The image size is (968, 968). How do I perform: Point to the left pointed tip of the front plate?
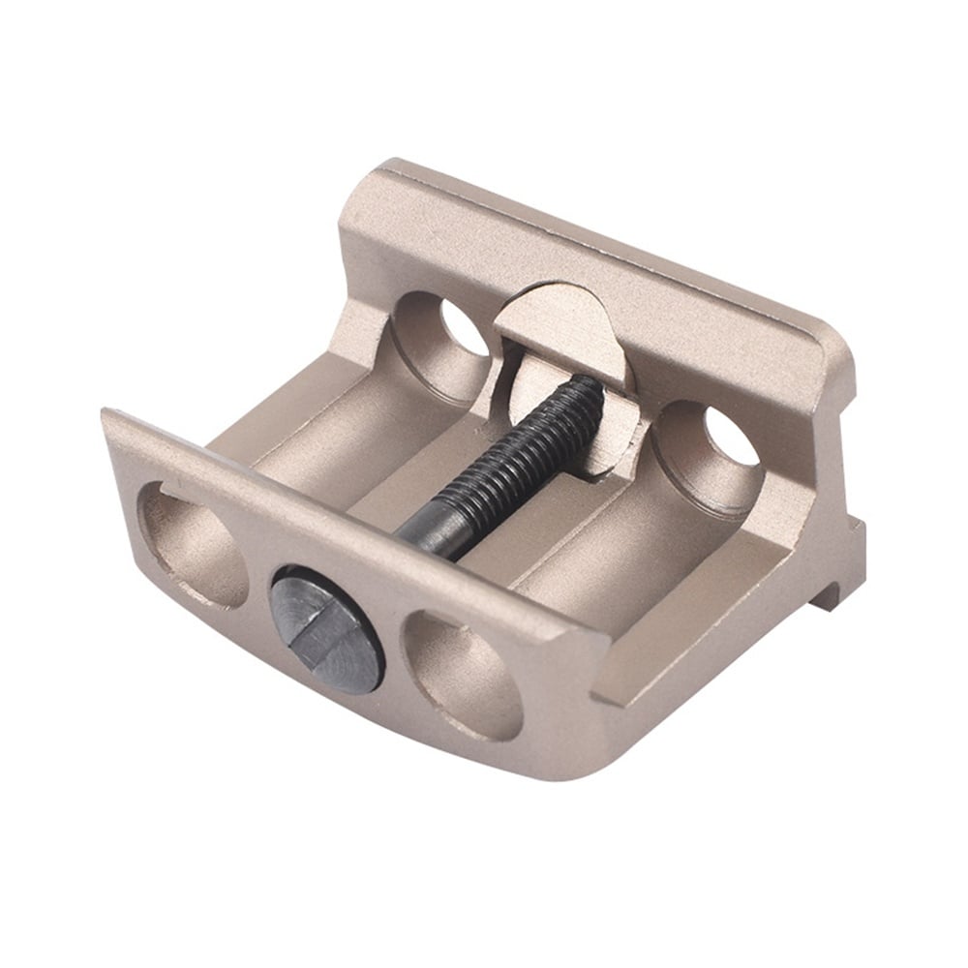click(106, 416)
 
